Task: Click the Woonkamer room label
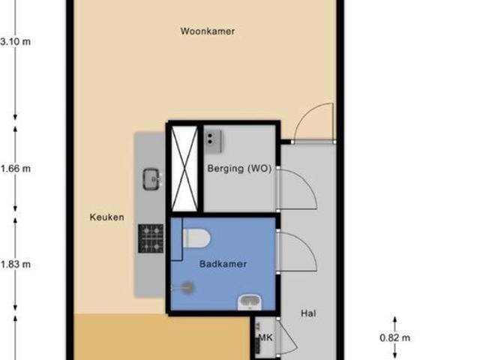pyautogui.click(x=208, y=31)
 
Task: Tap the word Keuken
pyautogui.click(x=106, y=217)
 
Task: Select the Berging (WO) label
pyautogui.click(x=239, y=169)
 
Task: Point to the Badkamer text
pyautogui.click(x=223, y=264)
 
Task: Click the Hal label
pyautogui.click(x=308, y=313)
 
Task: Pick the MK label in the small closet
pyautogui.click(x=264, y=339)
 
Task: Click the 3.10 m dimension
pyautogui.click(x=15, y=41)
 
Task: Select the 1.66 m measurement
pyautogui.click(x=15, y=169)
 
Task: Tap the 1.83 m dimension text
pyautogui.click(x=15, y=264)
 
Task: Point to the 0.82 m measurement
pyautogui.click(x=395, y=338)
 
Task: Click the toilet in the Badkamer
pyautogui.click(x=196, y=238)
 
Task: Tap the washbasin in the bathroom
pyautogui.click(x=249, y=303)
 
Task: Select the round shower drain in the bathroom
pyautogui.click(x=187, y=286)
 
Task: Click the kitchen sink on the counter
pyautogui.click(x=152, y=178)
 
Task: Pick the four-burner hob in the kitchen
pyautogui.click(x=150, y=238)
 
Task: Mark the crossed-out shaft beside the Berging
pyautogui.click(x=184, y=168)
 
